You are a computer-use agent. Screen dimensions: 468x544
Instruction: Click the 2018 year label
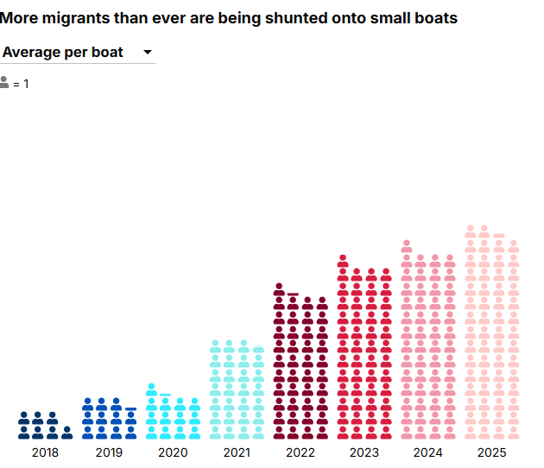[45, 452]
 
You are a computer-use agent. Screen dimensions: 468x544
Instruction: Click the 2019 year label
[109, 452]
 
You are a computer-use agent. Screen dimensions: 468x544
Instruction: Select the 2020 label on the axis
[173, 452]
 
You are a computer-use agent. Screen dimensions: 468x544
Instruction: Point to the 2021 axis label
[237, 452]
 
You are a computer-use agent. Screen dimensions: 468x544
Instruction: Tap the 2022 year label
[300, 452]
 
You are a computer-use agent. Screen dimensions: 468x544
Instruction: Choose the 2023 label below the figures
[364, 452]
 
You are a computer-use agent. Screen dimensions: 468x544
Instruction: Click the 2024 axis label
[428, 452]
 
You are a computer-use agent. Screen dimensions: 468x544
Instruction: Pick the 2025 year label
[492, 452]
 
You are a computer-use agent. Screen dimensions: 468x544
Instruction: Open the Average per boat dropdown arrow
[148, 53]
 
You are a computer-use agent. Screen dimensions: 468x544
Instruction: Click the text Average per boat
[63, 53]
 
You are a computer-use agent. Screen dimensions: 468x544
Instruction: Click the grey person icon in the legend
[4, 83]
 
